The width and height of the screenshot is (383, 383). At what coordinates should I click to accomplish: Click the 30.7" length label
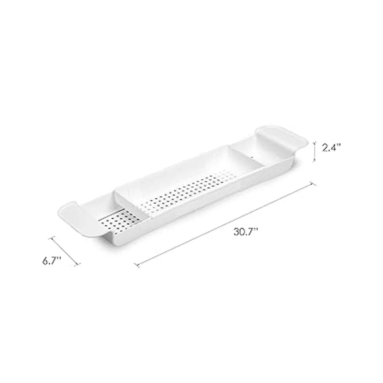pos(245,232)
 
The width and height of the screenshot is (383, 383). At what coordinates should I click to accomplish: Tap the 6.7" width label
pos(52,261)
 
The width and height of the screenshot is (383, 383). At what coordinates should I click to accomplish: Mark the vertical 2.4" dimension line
pos(314,152)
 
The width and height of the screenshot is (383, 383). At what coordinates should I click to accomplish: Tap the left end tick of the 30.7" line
pos(137,265)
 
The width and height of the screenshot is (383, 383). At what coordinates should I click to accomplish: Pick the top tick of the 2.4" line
pos(314,142)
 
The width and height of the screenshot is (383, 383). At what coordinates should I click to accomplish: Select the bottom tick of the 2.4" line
pos(314,161)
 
